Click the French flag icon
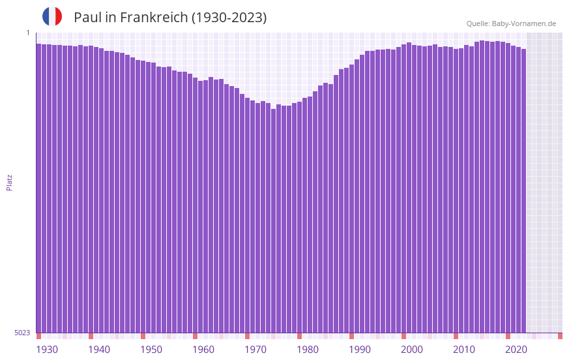[52, 16]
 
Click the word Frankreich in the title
[155, 18]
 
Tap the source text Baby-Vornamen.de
[524, 23]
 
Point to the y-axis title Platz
[9, 182]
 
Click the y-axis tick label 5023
[22, 333]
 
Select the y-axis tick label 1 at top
[28, 33]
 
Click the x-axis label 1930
[47, 350]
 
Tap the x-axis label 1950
[151, 350]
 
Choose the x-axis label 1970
[255, 350]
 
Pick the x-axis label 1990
[360, 350]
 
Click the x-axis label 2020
[516, 350]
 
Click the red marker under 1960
[195, 336]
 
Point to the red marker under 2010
[456, 336]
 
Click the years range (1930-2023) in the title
[228, 18]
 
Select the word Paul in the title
[86, 18]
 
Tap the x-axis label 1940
[99, 350]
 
